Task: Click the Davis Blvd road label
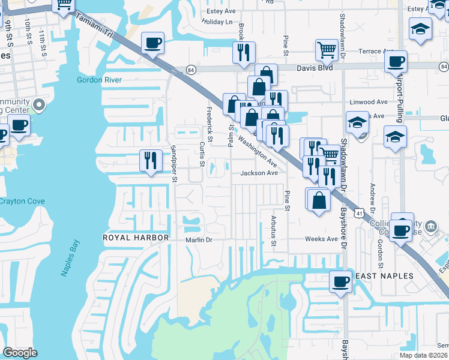point(314,68)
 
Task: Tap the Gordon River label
point(99,80)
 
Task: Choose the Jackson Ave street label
point(259,173)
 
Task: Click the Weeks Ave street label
point(321,239)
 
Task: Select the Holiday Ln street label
point(217,22)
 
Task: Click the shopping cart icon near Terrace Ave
point(326,49)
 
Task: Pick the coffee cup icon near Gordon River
point(152,43)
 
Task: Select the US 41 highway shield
point(358,212)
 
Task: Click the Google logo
point(20,353)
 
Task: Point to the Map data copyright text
point(427,355)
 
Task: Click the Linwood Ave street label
point(369,103)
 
